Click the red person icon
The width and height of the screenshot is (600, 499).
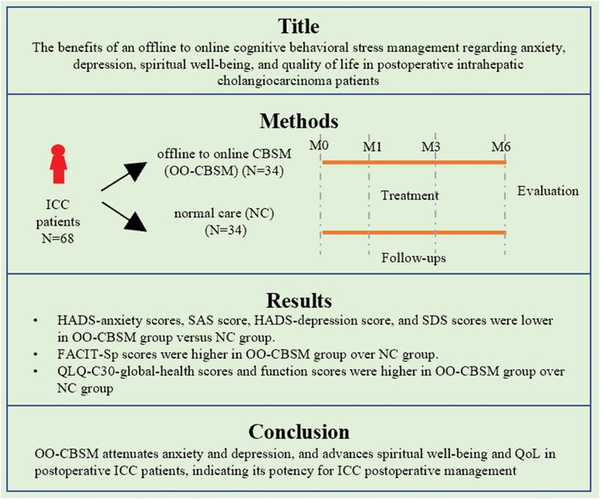58,164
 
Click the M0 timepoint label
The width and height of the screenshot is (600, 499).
319,145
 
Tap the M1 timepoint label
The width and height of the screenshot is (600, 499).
372,146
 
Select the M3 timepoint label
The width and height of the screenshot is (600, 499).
430,146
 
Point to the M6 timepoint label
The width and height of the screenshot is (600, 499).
501,146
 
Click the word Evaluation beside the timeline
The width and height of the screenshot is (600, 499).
548,191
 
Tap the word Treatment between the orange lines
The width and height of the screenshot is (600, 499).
409,196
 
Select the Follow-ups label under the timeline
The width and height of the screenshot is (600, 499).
414,258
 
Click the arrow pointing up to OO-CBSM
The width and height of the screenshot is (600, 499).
124,176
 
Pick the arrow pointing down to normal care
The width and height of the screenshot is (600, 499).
124,217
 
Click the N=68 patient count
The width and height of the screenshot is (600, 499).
58,238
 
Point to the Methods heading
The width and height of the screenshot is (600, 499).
299,121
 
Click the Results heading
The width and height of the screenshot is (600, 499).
299,300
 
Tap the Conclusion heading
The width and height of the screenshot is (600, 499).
299,432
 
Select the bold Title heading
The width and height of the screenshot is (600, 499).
299,26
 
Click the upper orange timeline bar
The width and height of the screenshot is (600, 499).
414,163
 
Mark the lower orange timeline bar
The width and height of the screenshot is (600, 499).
414,232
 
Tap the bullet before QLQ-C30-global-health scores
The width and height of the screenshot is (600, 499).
36,372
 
